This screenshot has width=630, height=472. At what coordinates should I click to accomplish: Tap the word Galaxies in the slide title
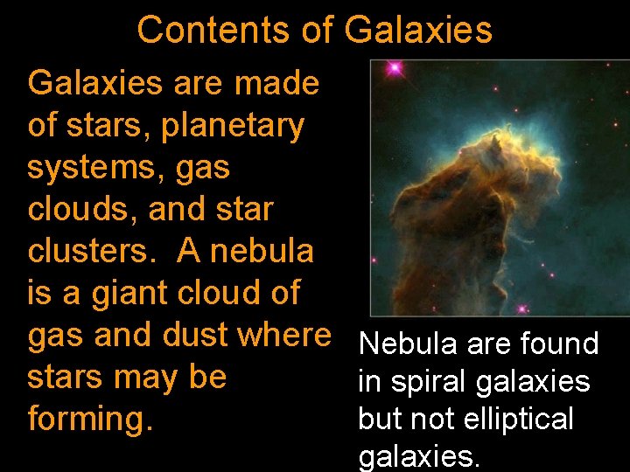[x=418, y=30]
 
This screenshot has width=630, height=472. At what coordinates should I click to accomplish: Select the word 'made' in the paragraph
[x=276, y=84]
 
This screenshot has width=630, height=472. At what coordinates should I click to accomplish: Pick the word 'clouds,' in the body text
[x=80, y=210]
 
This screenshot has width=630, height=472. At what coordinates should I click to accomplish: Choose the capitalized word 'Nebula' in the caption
[x=409, y=344]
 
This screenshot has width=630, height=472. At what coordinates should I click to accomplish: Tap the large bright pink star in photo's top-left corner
[x=394, y=67]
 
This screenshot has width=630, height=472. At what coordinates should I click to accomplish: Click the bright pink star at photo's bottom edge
[x=522, y=309]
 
